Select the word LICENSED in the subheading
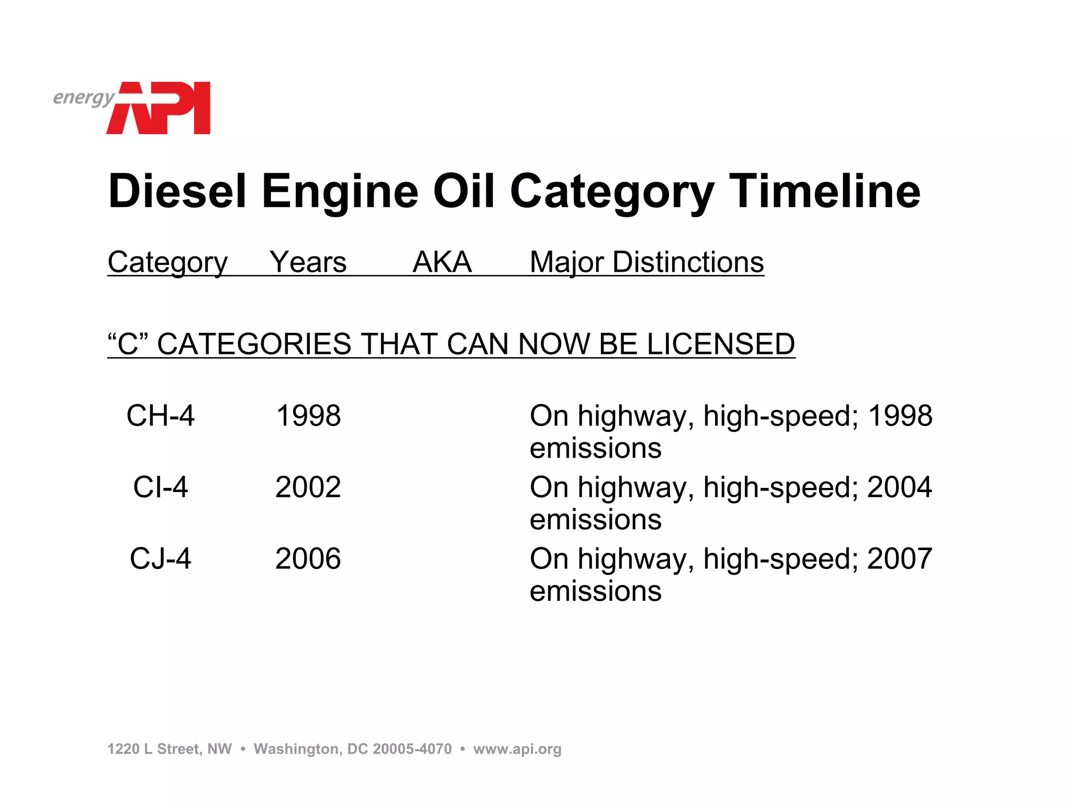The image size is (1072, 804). click(721, 344)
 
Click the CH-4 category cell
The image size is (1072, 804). click(160, 416)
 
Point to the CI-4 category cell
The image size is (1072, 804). click(160, 487)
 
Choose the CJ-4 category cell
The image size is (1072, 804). click(160, 559)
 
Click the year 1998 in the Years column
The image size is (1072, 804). click(308, 416)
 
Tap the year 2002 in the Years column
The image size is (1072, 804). click(308, 487)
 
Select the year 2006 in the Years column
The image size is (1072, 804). click(308, 559)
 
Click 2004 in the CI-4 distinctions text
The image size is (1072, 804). click(899, 487)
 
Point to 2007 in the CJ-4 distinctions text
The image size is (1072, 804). click(899, 559)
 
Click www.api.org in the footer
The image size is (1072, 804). click(517, 749)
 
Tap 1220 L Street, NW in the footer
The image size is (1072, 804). click(169, 749)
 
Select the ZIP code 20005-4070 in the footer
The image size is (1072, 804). click(412, 749)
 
